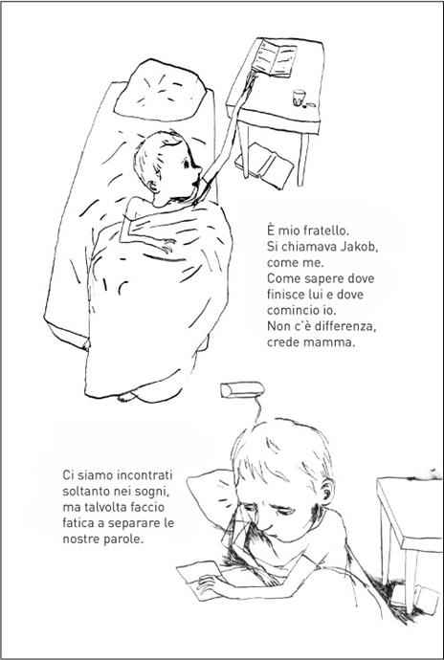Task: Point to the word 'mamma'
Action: click(330, 344)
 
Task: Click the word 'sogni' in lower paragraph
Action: click(158, 489)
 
